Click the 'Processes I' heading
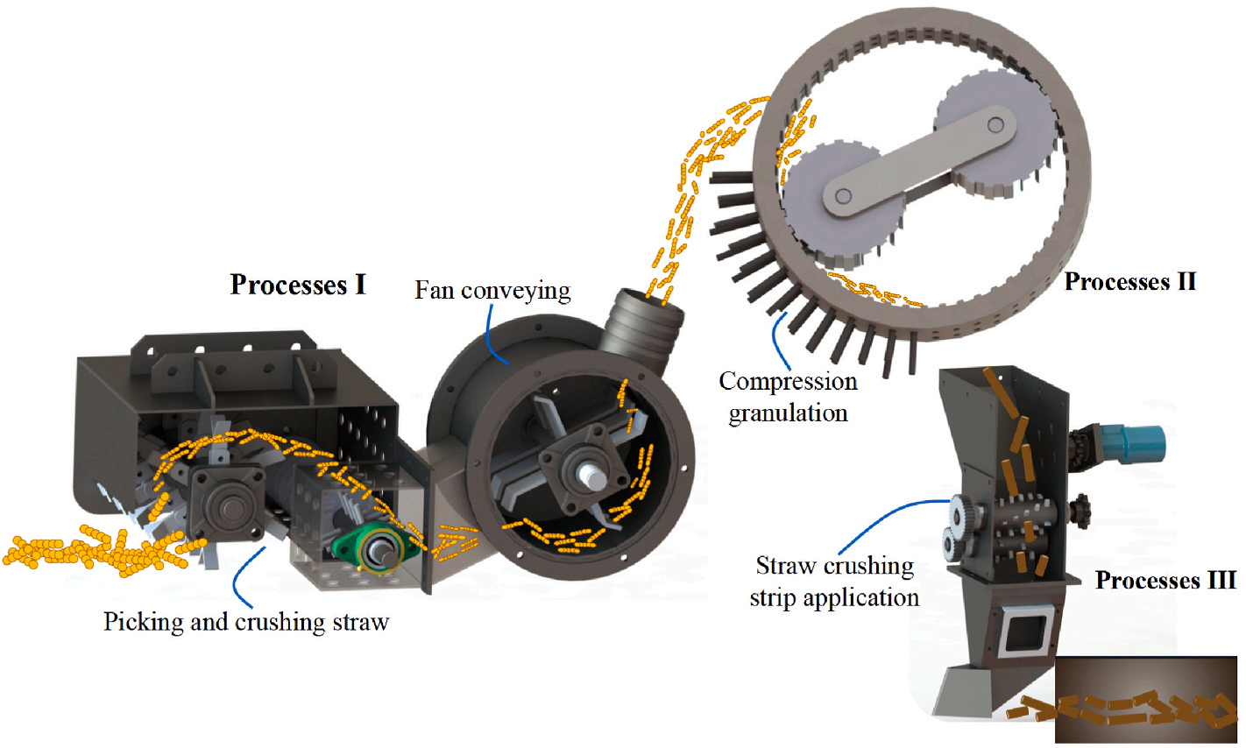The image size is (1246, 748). coord(298,285)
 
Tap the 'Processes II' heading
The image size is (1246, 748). coord(1129,282)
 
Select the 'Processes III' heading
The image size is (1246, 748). coord(1165,581)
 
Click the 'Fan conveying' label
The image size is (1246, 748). coord(492,290)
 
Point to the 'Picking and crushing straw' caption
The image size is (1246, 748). coord(246,622)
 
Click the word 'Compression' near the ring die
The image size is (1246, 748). coord(788,382)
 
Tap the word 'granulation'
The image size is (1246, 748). coord(788,412)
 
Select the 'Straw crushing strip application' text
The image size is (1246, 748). coord(834,582)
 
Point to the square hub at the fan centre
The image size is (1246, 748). coord(569,460)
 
